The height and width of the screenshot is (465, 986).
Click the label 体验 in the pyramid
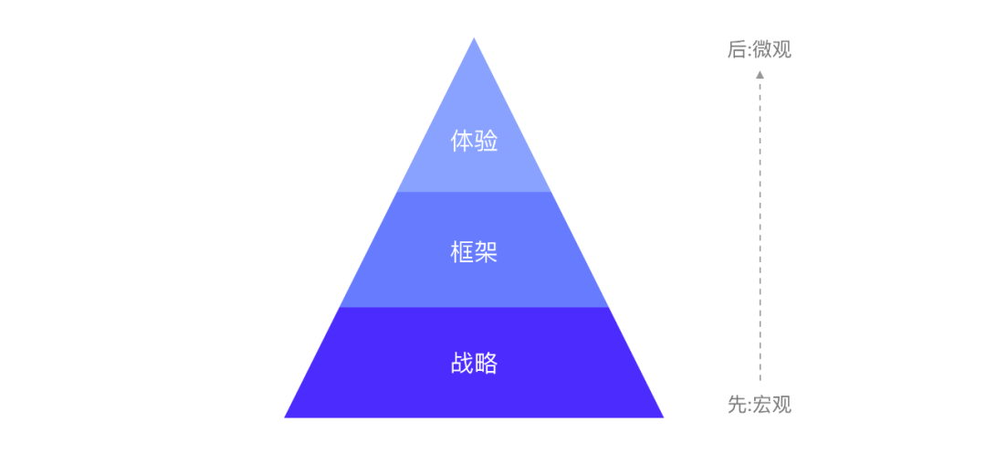pyautogui.click(x=474, y=141)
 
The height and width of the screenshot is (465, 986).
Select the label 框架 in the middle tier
pyautogui.click(x=474, y=251)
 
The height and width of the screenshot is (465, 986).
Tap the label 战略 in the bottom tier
pyautogui.click(x=474, y=363)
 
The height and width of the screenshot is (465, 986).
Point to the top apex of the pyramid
pyautogui.click(x=474, y=40)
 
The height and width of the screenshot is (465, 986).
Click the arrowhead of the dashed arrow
pyautogui.click(x=760, y=75)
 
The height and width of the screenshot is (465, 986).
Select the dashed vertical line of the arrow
pyautogui.click(x=760, y=228)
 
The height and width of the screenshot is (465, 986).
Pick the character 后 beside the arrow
pyautogui.click(x=737, y=49)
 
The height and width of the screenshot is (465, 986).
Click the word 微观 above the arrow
pyautogui.click(x=772, y=49)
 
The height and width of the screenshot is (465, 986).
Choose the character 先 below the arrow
pyautogui.click(x=737, y=405)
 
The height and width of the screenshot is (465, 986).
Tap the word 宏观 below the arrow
pyautogui.click(x=772, y=405)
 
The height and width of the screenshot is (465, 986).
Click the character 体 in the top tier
pyautogui.click(x=462, y=141)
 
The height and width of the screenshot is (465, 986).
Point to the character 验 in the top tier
pyautogui.click(x=486, y=141)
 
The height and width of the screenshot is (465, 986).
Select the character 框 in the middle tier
pyautogui.click(x=462, y=251)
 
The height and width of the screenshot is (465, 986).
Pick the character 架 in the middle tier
pyautogui.click(x=486, y=251)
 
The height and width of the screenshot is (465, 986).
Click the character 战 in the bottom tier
pyautogui.click(x=462, y=363)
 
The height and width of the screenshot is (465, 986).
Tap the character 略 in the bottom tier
pyautogui.click(x=486, y=363)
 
